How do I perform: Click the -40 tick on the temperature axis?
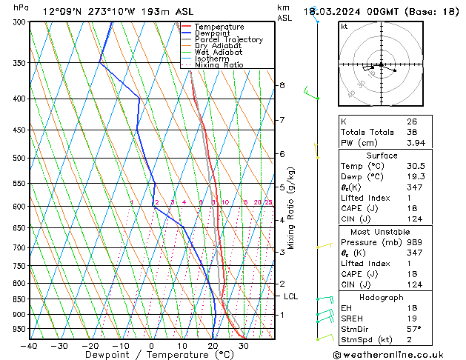click(x=30, y=345)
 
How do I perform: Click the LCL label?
click(x=292, y=296)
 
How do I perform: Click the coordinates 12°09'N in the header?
click(x=64, y=11)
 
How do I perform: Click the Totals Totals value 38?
click(x=412, y=132)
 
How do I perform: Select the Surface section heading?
click(x=381, y=156)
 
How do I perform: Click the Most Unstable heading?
click(x=381, y=232)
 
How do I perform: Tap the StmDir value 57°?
click(x=413, y=329)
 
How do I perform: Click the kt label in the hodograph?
click(x=344, y=27)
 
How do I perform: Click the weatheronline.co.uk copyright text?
click(x=399, y=355)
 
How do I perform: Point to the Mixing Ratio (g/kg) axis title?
click(x=290, y=208)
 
